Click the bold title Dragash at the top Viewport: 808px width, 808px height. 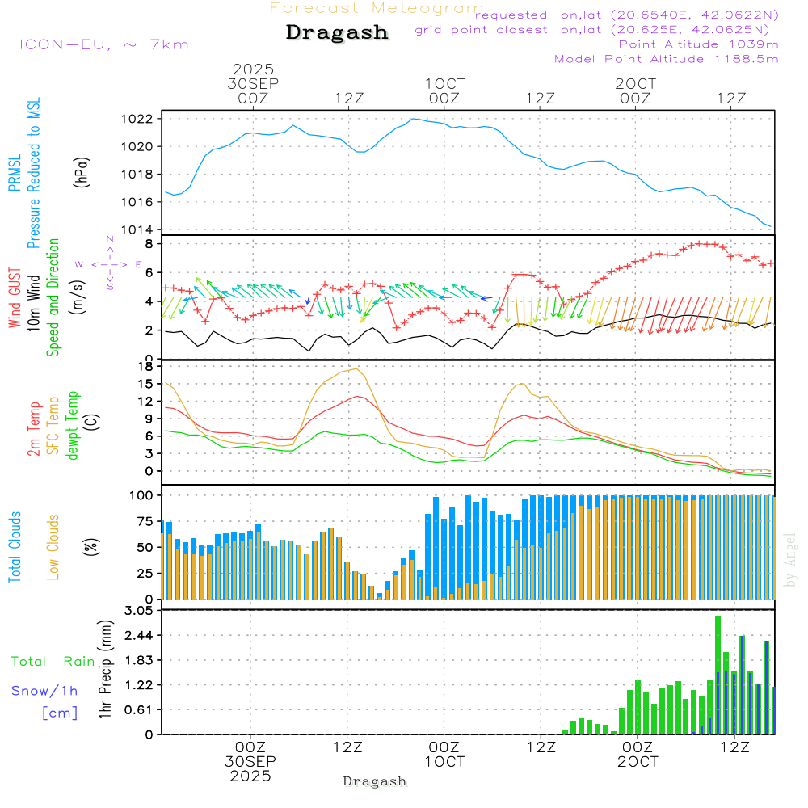(337, 32)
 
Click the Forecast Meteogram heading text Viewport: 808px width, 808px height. (377, 8)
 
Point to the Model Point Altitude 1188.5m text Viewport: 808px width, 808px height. (667, 59)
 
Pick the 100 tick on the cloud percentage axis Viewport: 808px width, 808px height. (141, 494)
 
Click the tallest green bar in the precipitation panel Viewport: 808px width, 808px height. (718, 675)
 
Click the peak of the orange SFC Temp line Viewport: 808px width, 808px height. (356, 368)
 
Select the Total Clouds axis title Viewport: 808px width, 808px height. (15, 547)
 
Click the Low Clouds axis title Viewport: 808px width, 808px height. (53, 533)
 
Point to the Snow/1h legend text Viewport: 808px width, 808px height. (44, 691)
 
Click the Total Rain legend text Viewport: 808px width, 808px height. (53, 662)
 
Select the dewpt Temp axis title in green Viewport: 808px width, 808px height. (73, 425)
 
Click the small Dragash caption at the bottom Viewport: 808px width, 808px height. (375, 781)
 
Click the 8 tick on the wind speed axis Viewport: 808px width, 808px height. (149, 243)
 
